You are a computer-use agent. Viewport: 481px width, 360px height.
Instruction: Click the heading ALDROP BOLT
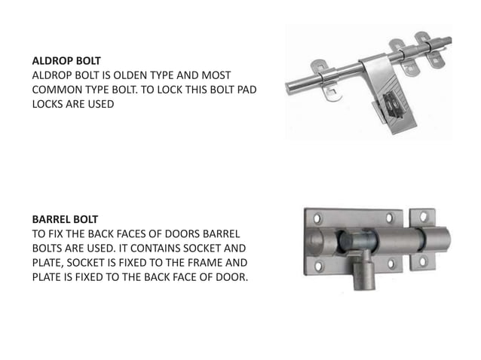[x=66, y=58]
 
